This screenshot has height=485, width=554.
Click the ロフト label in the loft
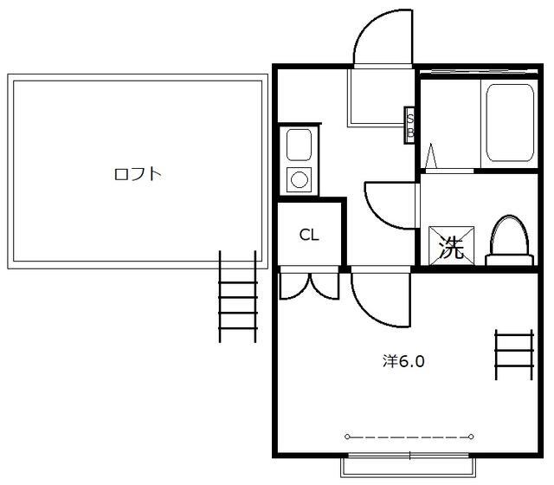coord(138,174)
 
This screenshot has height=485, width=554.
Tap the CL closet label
coord(308,235)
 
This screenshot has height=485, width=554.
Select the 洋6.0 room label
coord(403,361)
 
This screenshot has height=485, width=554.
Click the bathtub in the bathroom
coord(509,121)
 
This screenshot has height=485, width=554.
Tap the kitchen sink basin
coord(300,145)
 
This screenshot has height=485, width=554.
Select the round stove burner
coord(300,179)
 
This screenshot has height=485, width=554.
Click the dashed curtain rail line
coord(409,436)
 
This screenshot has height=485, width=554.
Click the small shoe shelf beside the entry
coord(410,125)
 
